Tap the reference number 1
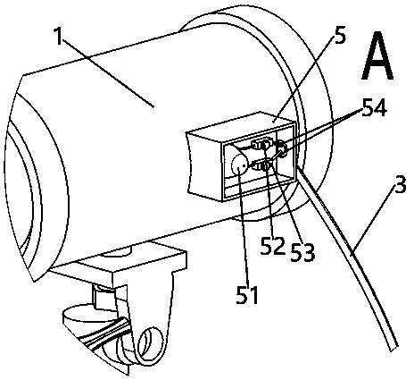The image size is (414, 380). coord(59,36)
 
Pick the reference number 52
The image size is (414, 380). coord(273,246)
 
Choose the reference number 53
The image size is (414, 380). coord(302,252)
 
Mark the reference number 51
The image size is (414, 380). coord(247,294)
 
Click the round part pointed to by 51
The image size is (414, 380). coord(239,166)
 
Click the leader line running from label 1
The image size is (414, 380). coord(108,73)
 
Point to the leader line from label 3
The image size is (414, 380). coord(373,220)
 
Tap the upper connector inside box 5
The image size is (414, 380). coord(262,145)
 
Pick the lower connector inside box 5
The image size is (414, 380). coord(261,165)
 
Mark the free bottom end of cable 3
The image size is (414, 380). coord(393,348)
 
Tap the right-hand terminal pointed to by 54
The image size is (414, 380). coord(281,148)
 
